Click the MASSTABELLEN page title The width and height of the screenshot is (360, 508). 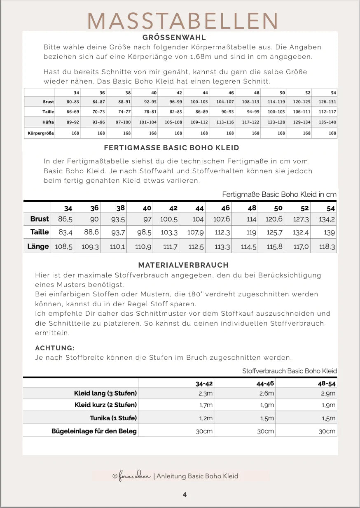coord(183,21)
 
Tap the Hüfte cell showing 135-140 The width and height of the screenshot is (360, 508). coord(327,122)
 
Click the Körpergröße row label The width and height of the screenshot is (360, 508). coord(41,133)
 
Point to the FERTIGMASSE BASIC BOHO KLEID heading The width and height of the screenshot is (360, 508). coord(171,147)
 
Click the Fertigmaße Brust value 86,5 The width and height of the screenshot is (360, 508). coord(65,219)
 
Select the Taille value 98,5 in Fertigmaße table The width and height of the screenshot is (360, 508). coord(144,233)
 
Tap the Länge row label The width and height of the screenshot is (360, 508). coord(38,247)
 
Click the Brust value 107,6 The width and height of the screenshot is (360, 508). coord(222,219)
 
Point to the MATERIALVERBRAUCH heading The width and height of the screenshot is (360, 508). coord(183,265)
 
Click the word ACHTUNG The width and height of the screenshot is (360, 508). coord(55,348)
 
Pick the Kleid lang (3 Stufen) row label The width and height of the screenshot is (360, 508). coord(105,393)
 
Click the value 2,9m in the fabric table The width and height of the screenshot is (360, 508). coord(328,393)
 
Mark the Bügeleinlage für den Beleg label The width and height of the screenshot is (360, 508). coord(94,431)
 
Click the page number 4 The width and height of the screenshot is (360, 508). coord(185,494)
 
